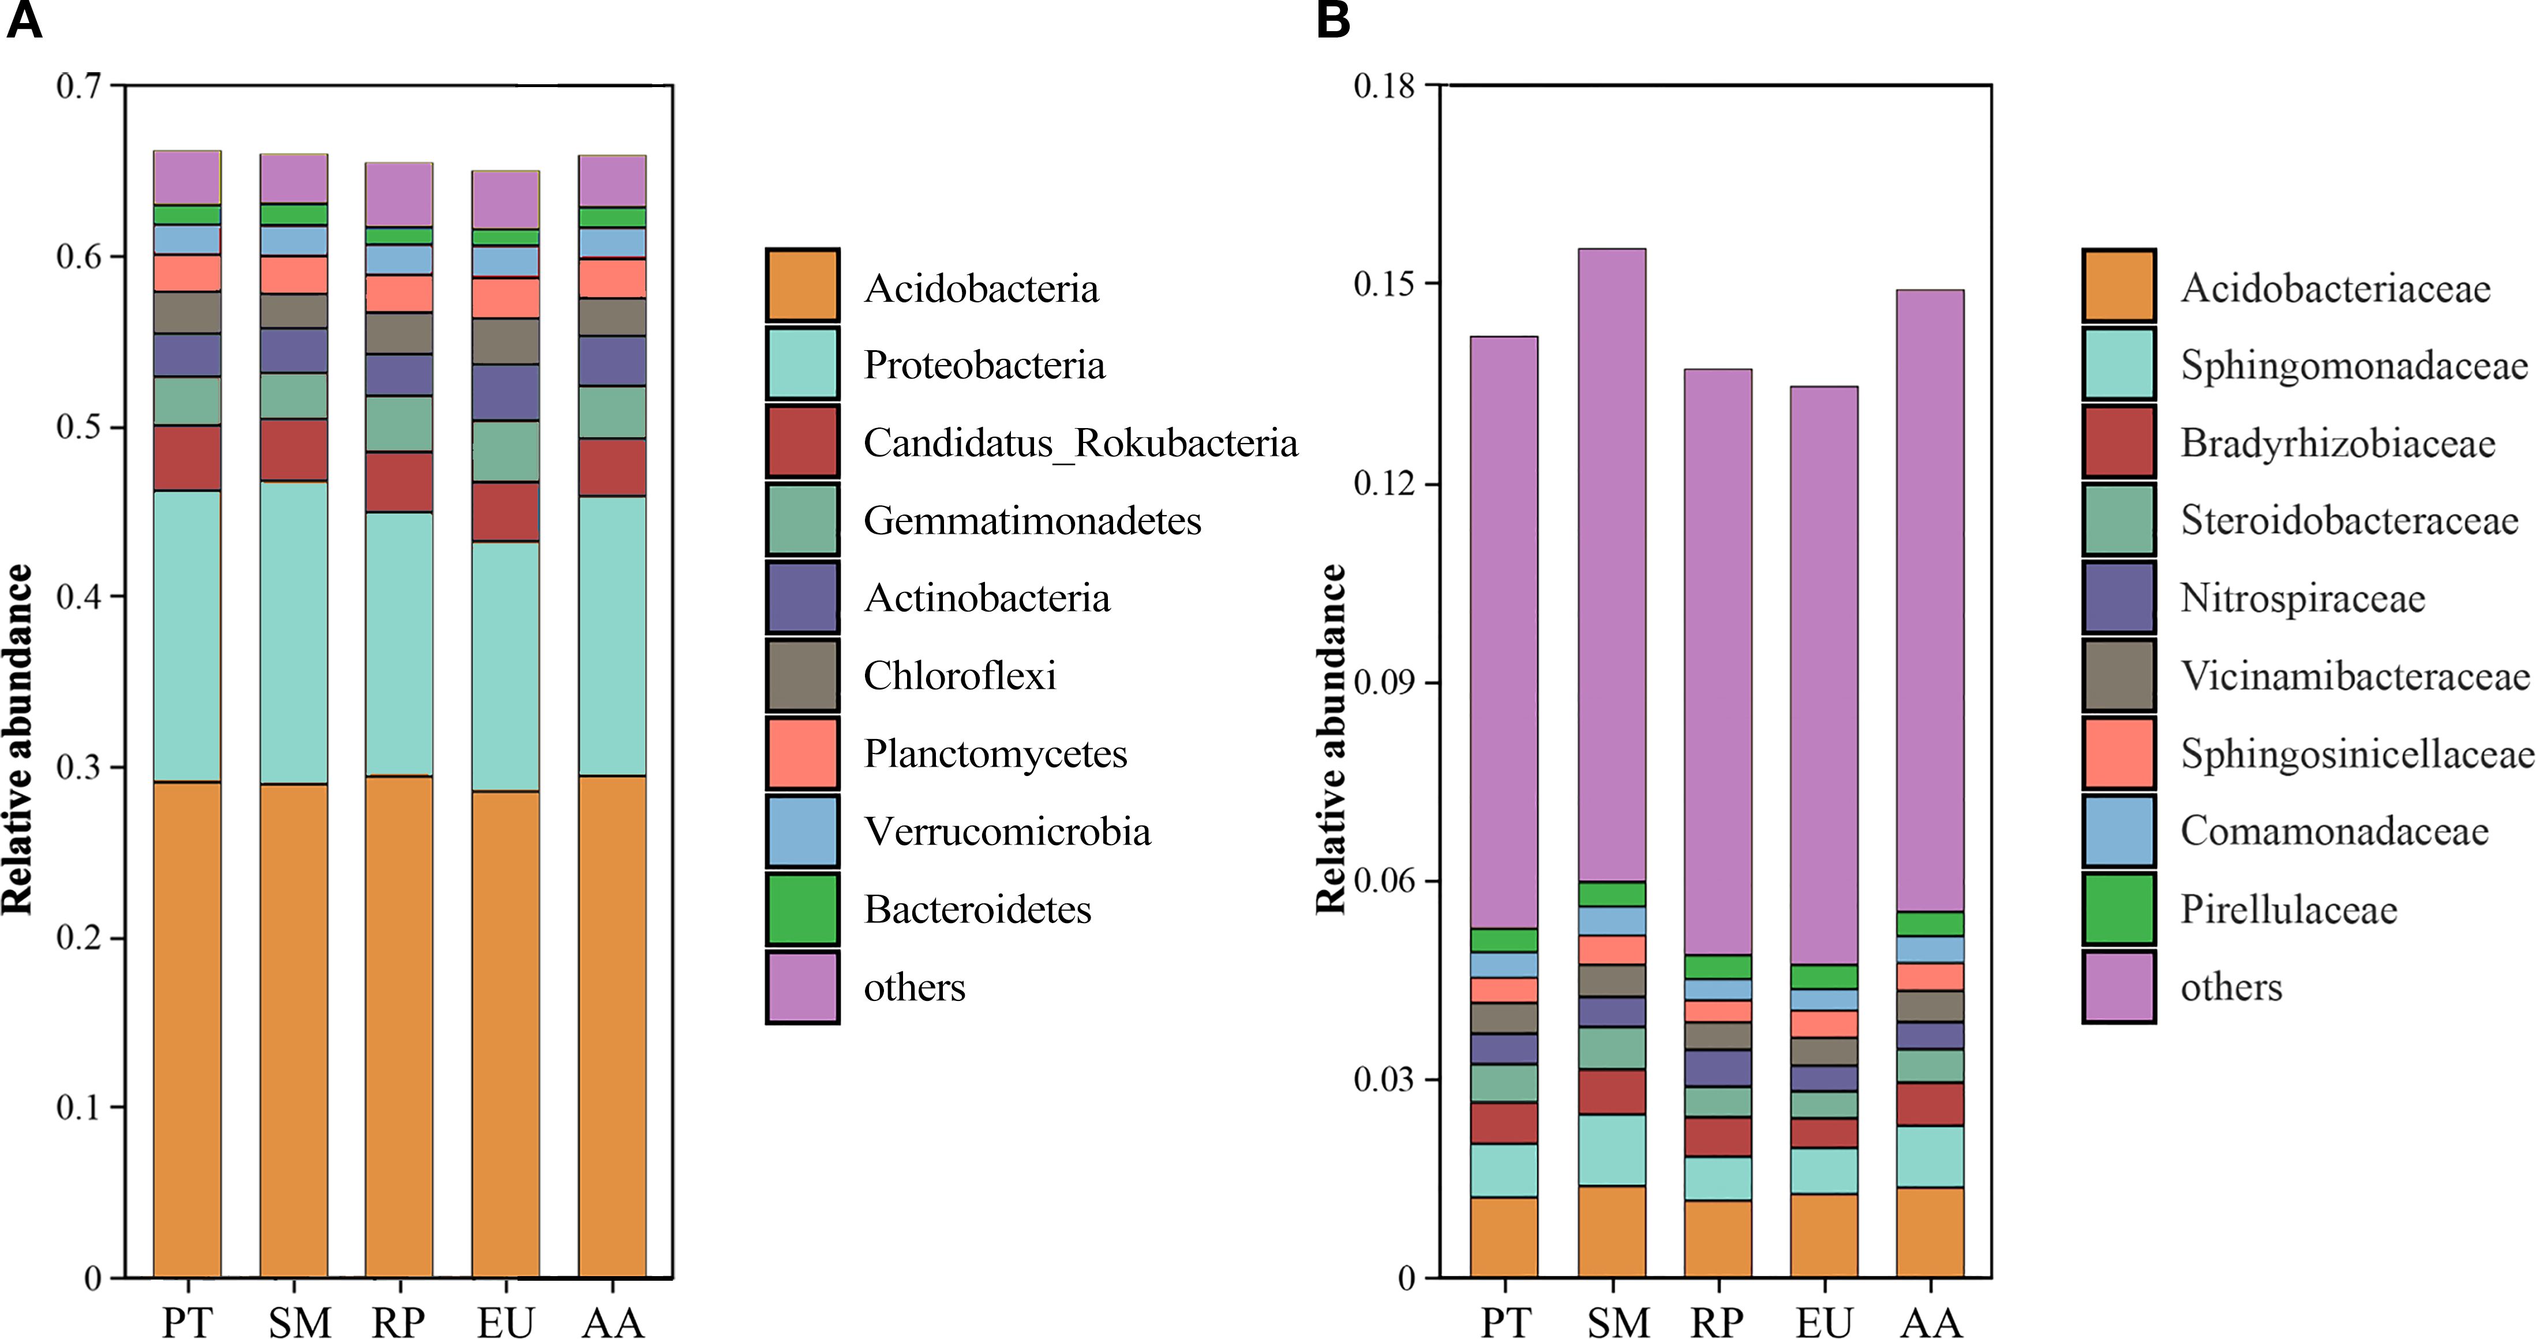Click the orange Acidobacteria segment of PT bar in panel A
pyautogui.click(x=187, y=1029)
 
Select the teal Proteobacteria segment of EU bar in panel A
pyautogui.click(x=505, y=666)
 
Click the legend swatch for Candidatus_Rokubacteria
pyautogui.click(x=802, y=442)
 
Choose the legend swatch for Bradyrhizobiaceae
pyautogui.click(x=2119, y=442)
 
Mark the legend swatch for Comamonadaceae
pyautogui.click(x=2119, y=831)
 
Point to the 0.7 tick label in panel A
pyautogui.click(x=78, y=87)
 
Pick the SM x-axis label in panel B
pyautogui.click(x=1617, y=1321)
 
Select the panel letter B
pyautogui.click(x=1333, y=20)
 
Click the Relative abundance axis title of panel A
pyautogui.click(x=18, y=738)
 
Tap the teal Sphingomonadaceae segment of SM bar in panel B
pyautogui.click(x=1612, y=1150)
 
